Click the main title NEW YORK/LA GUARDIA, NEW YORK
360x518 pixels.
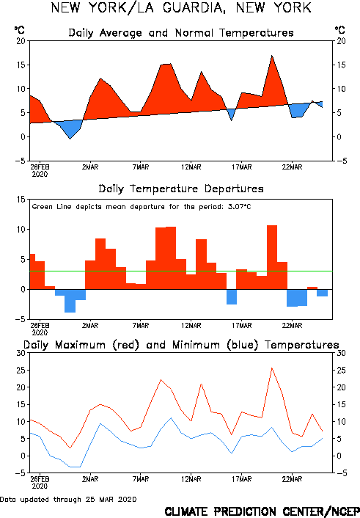[x=181, y=8]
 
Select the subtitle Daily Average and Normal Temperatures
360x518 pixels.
[x=181, y=33]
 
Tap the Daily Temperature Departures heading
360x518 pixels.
[x=181, y=189]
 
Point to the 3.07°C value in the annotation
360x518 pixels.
[x=240, y=207]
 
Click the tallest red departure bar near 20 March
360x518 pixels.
[x=272, y=258]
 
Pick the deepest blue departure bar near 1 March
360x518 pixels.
[x=70, y=301]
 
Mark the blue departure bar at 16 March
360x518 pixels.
[x=232, y=297]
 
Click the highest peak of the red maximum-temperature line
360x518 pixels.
[x=272, y=368]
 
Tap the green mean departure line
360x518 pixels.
[x=181, y=271]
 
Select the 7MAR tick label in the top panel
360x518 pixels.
[x=141, y=167]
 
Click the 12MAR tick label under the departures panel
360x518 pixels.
[x=191, y=326]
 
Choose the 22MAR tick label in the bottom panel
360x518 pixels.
[x=292, y=479]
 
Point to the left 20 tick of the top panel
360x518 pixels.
[x=21, y=41]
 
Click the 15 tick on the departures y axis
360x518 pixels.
[x=21, y=200]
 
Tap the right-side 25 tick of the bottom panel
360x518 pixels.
[x=341, y=370]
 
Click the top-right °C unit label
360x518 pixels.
[x=340, y=30]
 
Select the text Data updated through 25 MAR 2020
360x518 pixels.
[x=68, y=499]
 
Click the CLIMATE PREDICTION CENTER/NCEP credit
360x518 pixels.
[x=262, y=511]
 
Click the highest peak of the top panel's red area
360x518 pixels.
[x=272, y=56]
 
